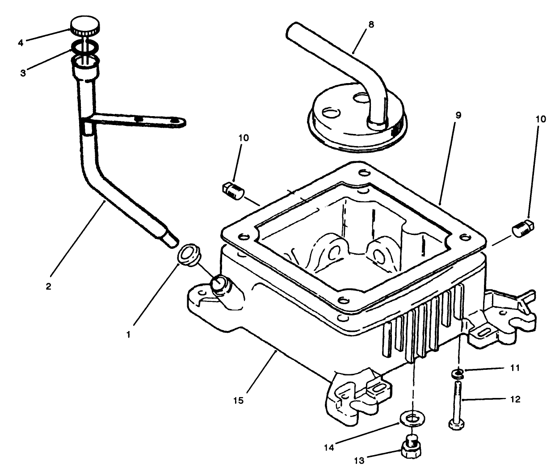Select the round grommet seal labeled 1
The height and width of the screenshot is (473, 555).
(x=189, y=255)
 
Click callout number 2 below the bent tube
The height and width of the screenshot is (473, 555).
(x=48, y=286)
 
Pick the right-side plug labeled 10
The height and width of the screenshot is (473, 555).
(x=522, y=229)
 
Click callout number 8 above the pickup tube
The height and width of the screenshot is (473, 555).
(x=371, y=25)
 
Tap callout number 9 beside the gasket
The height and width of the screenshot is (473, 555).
(x=458, y=115)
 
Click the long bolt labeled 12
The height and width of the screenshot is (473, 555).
(x=457, y=402)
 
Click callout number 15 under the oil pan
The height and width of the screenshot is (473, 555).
(x=239, y=401)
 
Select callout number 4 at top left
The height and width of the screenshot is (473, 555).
(x=20, y=43)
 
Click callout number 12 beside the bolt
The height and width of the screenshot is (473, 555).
(x=515, y=399)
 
